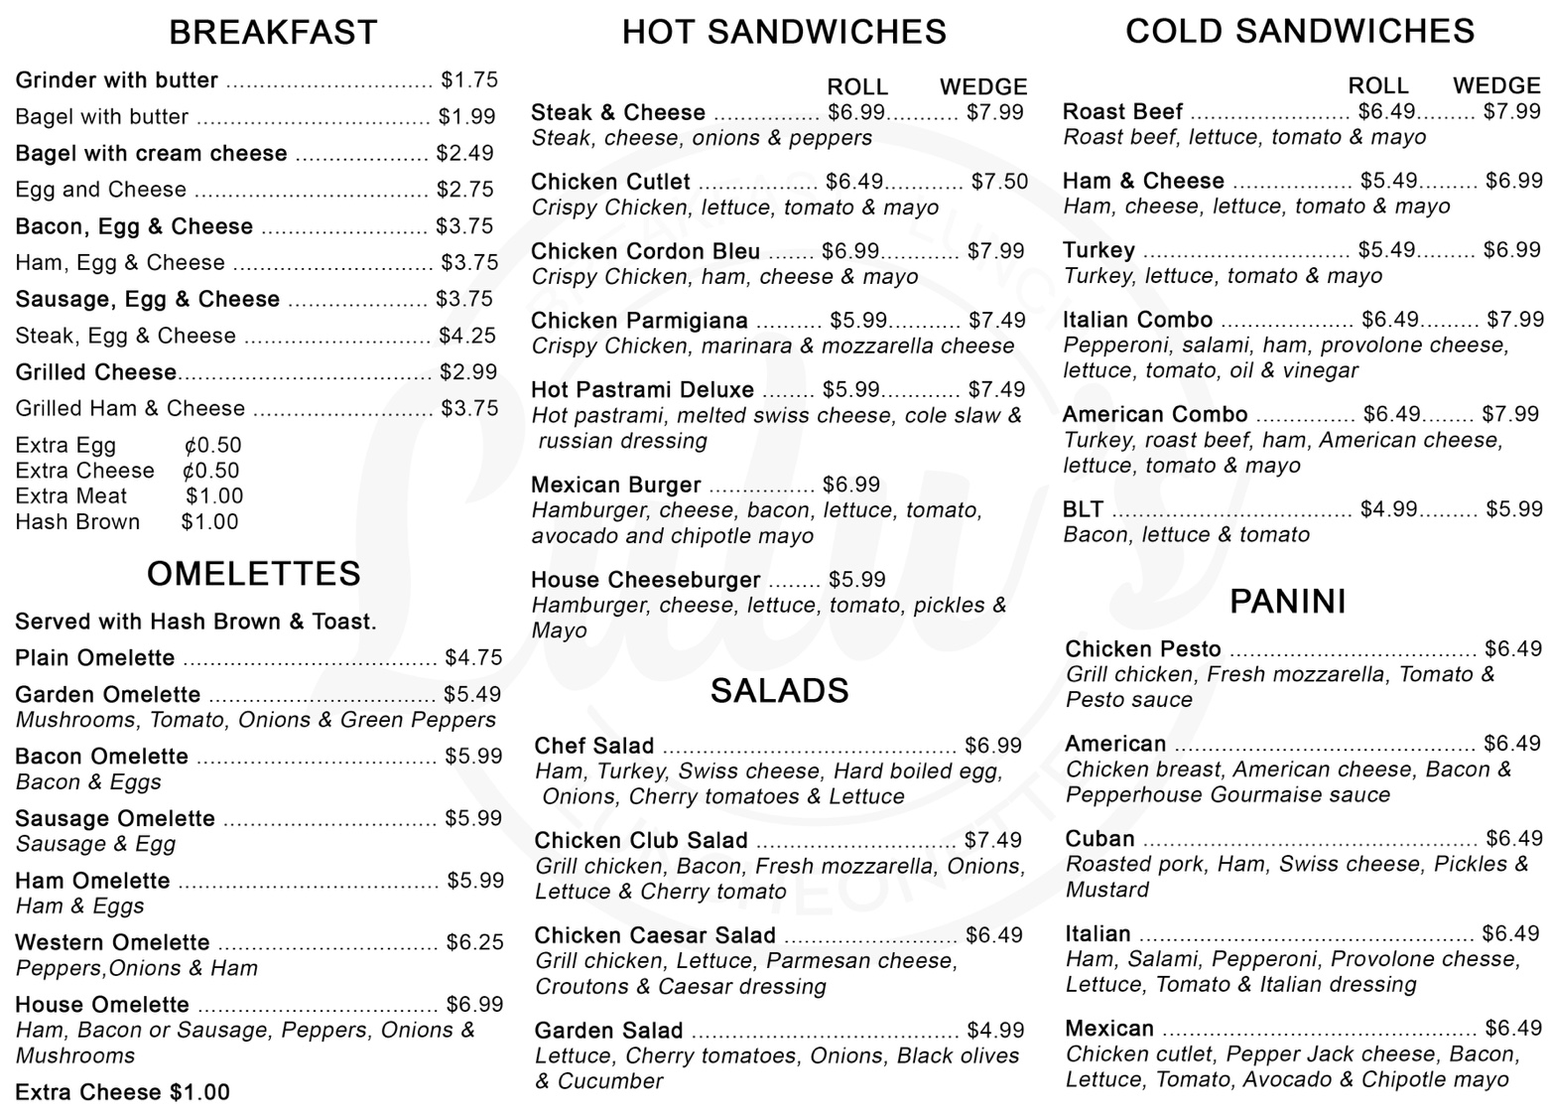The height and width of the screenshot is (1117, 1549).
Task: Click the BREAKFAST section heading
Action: pyautogui.click(x=273, y=33)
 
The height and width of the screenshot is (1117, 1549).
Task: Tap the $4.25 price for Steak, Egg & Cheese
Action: pyautogui.click(x=467, y=336)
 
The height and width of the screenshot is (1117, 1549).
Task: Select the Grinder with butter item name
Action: pyautogui.click(x=116, y=80)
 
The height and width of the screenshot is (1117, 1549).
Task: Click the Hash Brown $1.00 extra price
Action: pyautogui.click(x=209, y=522)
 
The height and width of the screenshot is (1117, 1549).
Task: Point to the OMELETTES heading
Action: pyautogui.click(x=254, y=574)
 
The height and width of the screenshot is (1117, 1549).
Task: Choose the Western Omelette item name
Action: pyautogui.click(x=112, y=942)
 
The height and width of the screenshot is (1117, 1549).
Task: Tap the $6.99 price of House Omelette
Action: pyautogui.click(x=474, y=1005)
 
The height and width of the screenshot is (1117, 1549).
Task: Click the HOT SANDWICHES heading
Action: pyautogui.click(x=784, y=33)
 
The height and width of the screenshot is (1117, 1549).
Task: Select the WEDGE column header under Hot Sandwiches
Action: pyautogui.click(x=983, y=87)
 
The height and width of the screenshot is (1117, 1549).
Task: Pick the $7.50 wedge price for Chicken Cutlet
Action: pyautogui.click(x=999, y=182)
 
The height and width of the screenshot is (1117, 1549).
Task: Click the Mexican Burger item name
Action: pyautogui.click(x=615, y=486)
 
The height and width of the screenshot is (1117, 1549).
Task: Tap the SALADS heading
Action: pyautogui.click(x=779, y=691)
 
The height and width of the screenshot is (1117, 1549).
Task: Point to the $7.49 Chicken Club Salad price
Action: pyautogui.click(x=992, y=841)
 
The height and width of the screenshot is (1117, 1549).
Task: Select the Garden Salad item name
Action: pyautogui.click(x=608, y=1031)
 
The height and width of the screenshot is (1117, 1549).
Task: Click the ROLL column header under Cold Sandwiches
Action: pyautogui.click(x=1377, y=86)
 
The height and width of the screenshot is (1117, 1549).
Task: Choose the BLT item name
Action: pyautogui.click(x=1083, y=509)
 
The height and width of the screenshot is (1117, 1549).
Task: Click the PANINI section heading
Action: pyautogui.click(x=1287, y=602)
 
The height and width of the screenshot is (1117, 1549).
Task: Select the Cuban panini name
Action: pyautogui.click(x=1099, y=839)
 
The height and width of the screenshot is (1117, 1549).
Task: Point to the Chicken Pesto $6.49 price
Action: pyautogui.click(x=1512, y=649)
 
